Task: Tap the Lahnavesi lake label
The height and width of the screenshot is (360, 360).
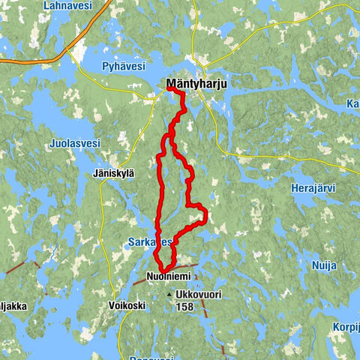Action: (69, 5)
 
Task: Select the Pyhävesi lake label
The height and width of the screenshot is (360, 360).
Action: (124, 66)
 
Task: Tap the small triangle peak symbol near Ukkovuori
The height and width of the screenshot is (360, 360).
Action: (169, 295)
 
